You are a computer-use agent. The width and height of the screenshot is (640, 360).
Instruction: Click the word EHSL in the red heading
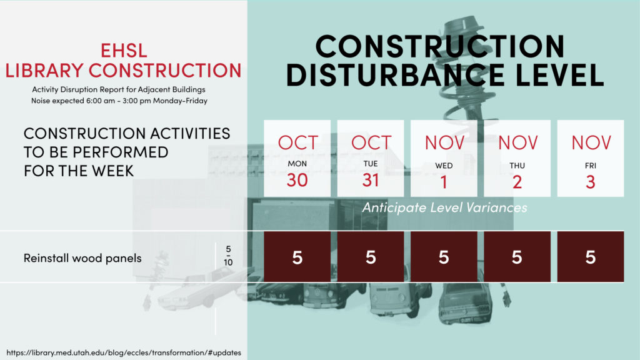coord(124,51)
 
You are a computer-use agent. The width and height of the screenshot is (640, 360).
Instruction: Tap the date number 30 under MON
coord(297,181)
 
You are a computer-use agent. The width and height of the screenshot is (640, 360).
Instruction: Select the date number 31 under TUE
coord(371,181)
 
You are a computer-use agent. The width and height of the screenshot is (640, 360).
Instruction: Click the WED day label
coord(444,166)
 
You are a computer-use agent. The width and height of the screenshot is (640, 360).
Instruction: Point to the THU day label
coord(517,166)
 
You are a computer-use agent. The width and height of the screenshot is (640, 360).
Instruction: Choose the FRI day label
coord(591,166)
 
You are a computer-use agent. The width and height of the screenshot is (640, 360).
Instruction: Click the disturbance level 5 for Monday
coord(297,257)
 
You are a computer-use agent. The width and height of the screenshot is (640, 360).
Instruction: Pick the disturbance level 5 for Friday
coord(591,257)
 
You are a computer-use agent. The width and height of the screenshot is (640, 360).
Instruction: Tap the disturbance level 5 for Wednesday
coord(444,257)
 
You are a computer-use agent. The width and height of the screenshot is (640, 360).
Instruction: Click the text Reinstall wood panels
coord(82,258)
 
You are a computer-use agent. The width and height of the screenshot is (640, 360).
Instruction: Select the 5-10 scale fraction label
coord(228,256)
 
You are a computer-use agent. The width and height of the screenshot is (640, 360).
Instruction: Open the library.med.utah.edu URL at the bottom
coord(124,352)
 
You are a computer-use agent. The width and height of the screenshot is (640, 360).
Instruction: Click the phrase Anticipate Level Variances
coord(444,207)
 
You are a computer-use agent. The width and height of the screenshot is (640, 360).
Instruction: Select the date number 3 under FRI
coord(591,182)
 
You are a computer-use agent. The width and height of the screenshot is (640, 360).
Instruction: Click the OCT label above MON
coord(298,143)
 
